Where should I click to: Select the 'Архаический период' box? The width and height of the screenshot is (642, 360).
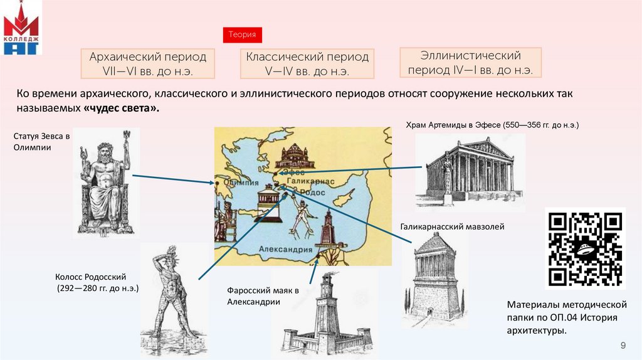click(x=148, y=64)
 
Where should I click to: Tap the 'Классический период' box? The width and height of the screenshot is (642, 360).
click(x=307, y=64)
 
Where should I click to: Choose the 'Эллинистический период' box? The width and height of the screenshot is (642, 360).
click(x=471, y=63)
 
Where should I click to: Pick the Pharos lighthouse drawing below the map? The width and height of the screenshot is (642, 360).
click(x=326, y=314)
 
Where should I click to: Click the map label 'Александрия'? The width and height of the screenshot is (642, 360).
click(x=286, y=249)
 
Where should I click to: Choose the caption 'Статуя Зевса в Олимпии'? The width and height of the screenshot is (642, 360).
click(x=41, y=141)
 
